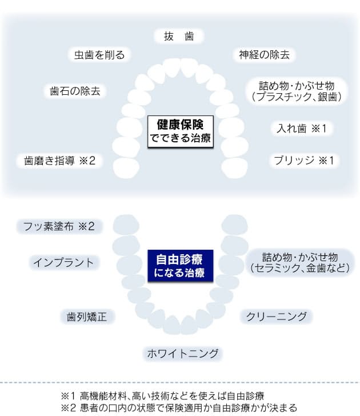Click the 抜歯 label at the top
coord(179,36)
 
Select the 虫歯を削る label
coord(99,55)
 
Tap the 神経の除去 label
coord(264,55)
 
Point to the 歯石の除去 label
coord(75,91)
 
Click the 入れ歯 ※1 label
coord(301,129)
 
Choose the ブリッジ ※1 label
coord(304,161)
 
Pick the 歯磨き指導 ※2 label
coord(59,161)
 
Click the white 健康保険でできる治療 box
coord(181,131)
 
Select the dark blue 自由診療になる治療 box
coord(181,266)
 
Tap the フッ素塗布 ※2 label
coord(59,226)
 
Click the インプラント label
coord(63,263)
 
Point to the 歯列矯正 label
coord(87,317)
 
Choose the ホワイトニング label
coord(183,353)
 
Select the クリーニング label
coord(276,317)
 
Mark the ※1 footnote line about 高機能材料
coord(162,396)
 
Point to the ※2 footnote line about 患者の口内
coord(179,407)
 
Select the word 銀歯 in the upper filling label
coord(327,97)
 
